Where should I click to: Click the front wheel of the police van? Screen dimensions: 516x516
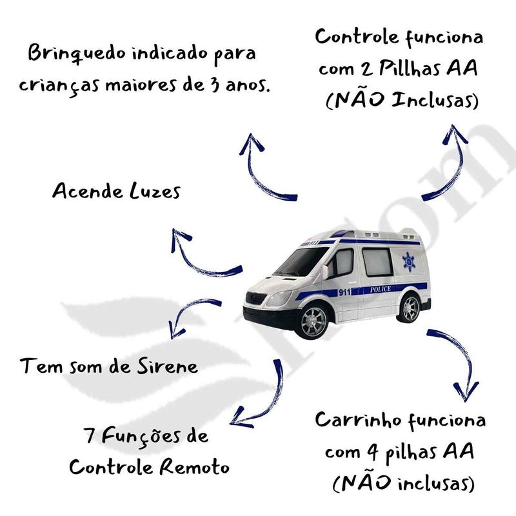click(313, 321)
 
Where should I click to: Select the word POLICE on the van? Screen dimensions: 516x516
click(381, 289)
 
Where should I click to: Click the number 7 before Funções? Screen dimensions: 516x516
click(90, 435)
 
